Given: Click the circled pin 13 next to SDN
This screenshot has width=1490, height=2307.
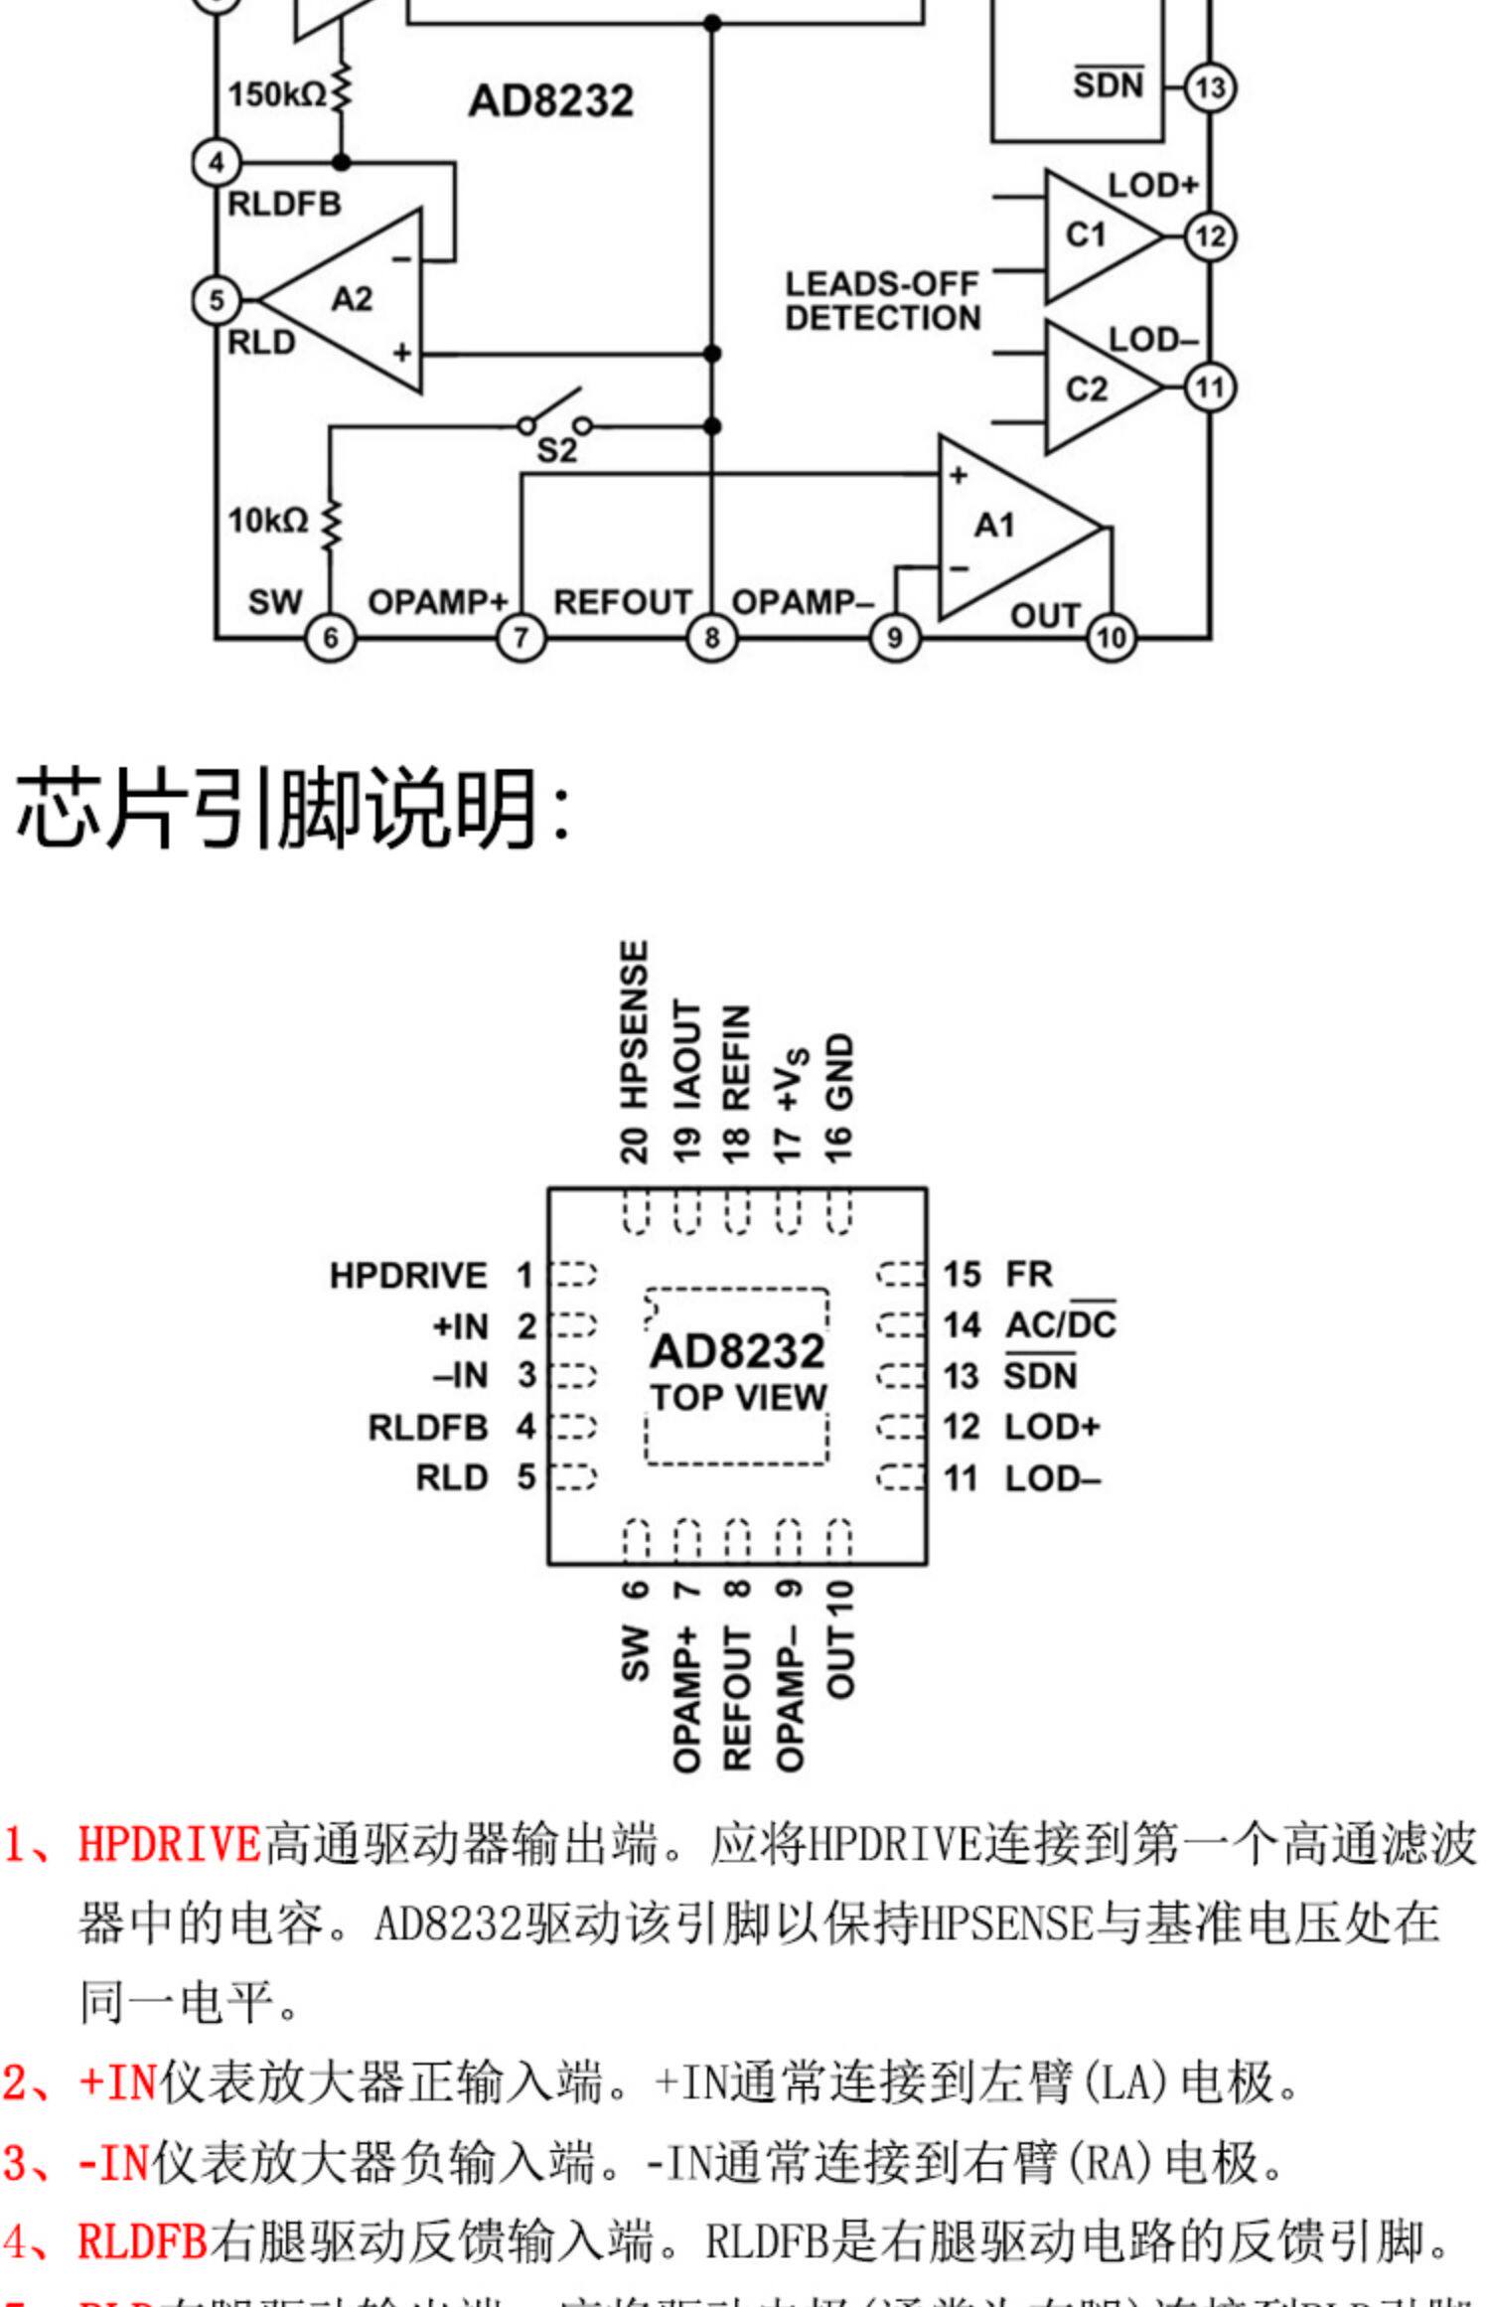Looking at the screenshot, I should [1210, 87].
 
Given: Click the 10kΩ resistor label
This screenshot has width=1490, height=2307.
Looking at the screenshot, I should [268, 520].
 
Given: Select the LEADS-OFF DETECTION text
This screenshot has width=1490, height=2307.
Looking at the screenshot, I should [882, 301].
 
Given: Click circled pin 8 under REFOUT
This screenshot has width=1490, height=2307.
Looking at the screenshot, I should [711, 637].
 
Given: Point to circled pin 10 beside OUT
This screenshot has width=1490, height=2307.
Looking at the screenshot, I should [1112, 637].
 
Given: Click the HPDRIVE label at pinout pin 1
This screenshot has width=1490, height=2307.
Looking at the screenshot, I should [408, 1276].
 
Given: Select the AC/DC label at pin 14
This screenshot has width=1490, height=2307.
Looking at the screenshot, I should [1061, 1324].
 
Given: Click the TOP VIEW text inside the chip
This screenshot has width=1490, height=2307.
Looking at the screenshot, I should [739, 1398].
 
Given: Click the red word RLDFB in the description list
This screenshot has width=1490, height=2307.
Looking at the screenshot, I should [143, 2241].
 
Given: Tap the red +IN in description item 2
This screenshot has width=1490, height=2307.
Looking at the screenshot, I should [118, 2080].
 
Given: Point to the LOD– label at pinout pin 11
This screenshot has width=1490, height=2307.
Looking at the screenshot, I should [1053, 1478].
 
